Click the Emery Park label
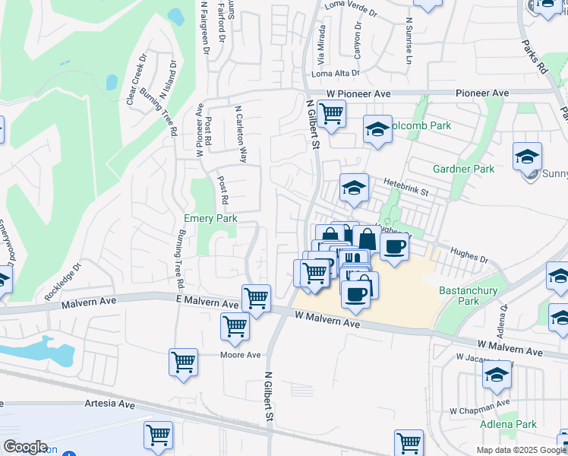point(210,219)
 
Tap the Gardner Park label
point(463,169)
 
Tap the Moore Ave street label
point(240,355)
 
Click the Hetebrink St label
point(406,183)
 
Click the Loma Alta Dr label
point(335,73)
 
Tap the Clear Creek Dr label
point(137,78)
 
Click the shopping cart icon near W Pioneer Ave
point(331,114)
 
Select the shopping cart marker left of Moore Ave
point(184,362)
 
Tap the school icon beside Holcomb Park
point(377,129)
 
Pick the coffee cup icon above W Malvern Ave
point(355,293)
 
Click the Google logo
point(25,447)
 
